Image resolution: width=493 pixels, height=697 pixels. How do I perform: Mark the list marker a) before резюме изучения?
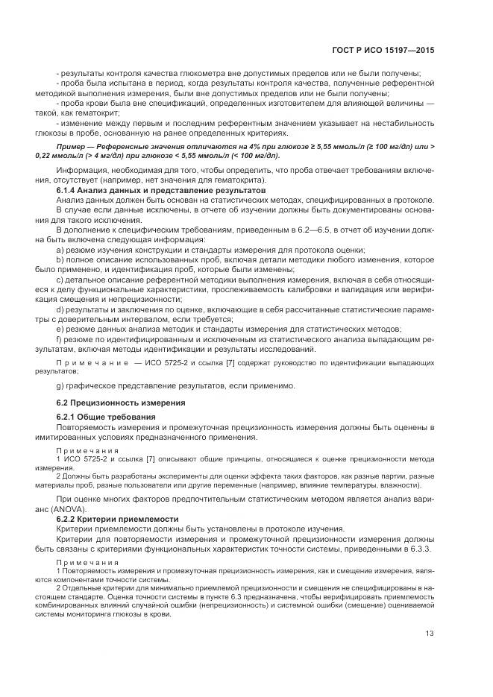tap(60, 250)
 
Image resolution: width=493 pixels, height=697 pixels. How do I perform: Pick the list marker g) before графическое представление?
tap(60, 385)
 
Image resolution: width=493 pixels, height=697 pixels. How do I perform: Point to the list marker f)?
tap(59, 338)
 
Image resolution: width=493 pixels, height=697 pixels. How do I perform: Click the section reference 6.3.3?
tap(421, 549)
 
